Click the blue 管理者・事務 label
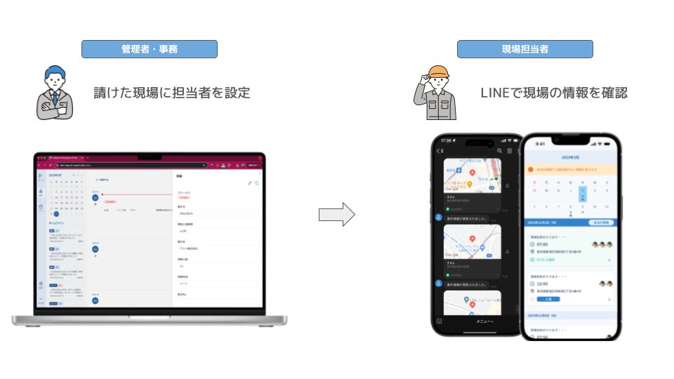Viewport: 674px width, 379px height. click(149, 49)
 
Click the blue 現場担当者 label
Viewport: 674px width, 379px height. click(524, 49)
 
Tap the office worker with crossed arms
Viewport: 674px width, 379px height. click(54, 93)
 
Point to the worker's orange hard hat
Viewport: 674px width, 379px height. click(439, 72)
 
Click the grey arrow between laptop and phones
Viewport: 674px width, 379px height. click(337, 215)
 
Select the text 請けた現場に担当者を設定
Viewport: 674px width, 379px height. click(171, 93)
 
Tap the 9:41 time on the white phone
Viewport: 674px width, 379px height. click(539, 144)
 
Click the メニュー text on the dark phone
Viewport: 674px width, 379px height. click(484, 321)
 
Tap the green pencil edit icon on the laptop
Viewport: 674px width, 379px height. click(249, 182)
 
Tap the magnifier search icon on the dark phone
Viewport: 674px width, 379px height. click(499, 150)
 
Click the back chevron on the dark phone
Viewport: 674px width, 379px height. click(437, 150)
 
